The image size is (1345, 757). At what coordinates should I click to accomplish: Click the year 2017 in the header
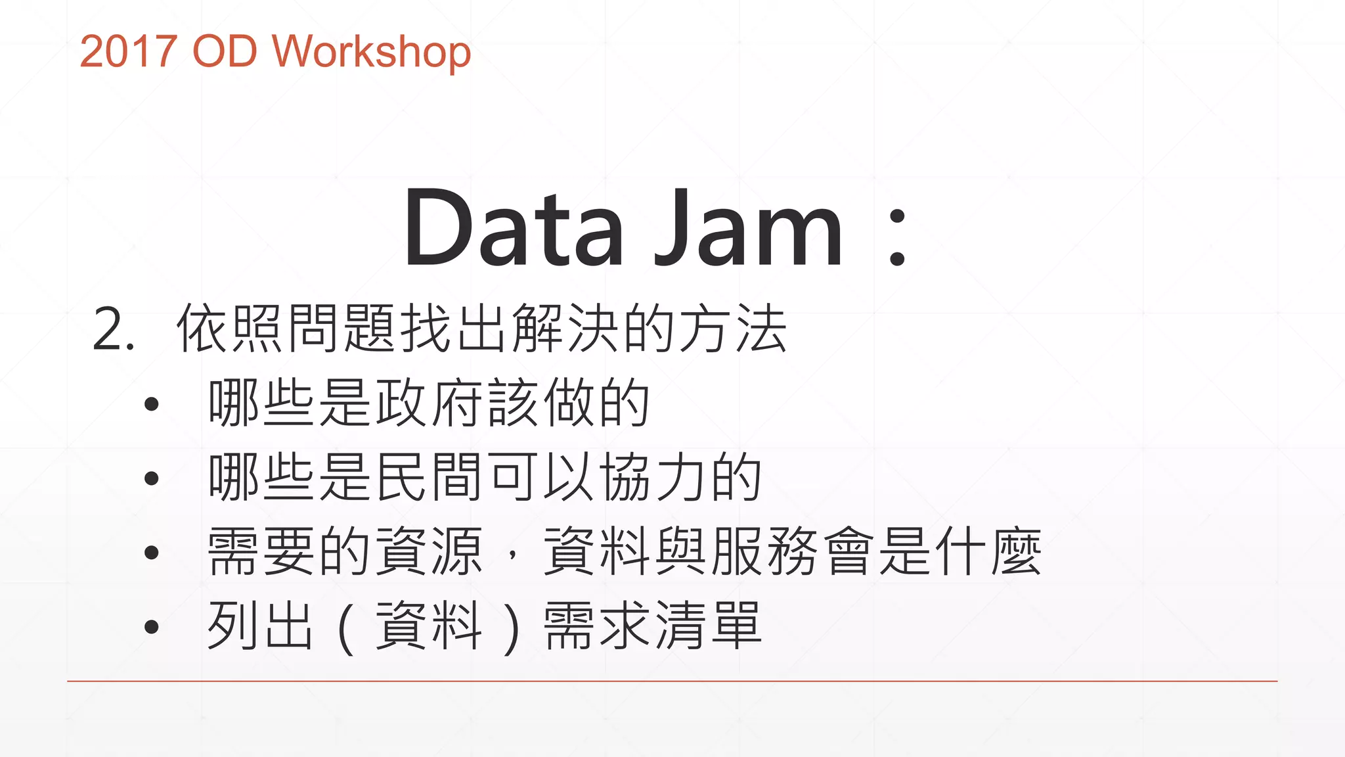click(128, 51)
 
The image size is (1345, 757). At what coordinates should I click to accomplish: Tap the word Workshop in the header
click(371, 51)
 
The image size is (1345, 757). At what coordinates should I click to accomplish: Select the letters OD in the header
click(224, 51)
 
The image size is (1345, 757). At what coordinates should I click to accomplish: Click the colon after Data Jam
click(897, 237)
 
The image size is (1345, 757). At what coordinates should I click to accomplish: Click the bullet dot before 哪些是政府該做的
click(152, 403)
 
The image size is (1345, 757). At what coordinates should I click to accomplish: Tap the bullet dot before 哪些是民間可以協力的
click(152, 478)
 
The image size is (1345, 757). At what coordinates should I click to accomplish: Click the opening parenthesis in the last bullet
click(346, 628)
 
